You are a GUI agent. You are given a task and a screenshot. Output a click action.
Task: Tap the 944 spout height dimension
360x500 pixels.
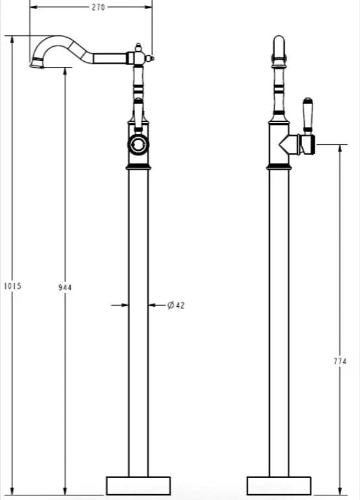[65, 286]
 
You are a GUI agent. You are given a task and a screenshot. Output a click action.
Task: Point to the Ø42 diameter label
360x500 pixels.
[175, 305]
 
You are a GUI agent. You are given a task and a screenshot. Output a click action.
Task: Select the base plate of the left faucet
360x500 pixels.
[138, 486]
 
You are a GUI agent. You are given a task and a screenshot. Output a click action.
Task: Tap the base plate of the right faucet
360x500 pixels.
[279, 486]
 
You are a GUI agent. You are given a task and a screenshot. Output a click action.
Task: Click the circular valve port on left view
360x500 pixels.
[138, 144]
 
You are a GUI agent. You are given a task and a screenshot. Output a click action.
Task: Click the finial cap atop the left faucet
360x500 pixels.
[138, 46]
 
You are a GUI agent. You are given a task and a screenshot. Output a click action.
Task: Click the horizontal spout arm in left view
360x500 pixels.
[110, 59]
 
